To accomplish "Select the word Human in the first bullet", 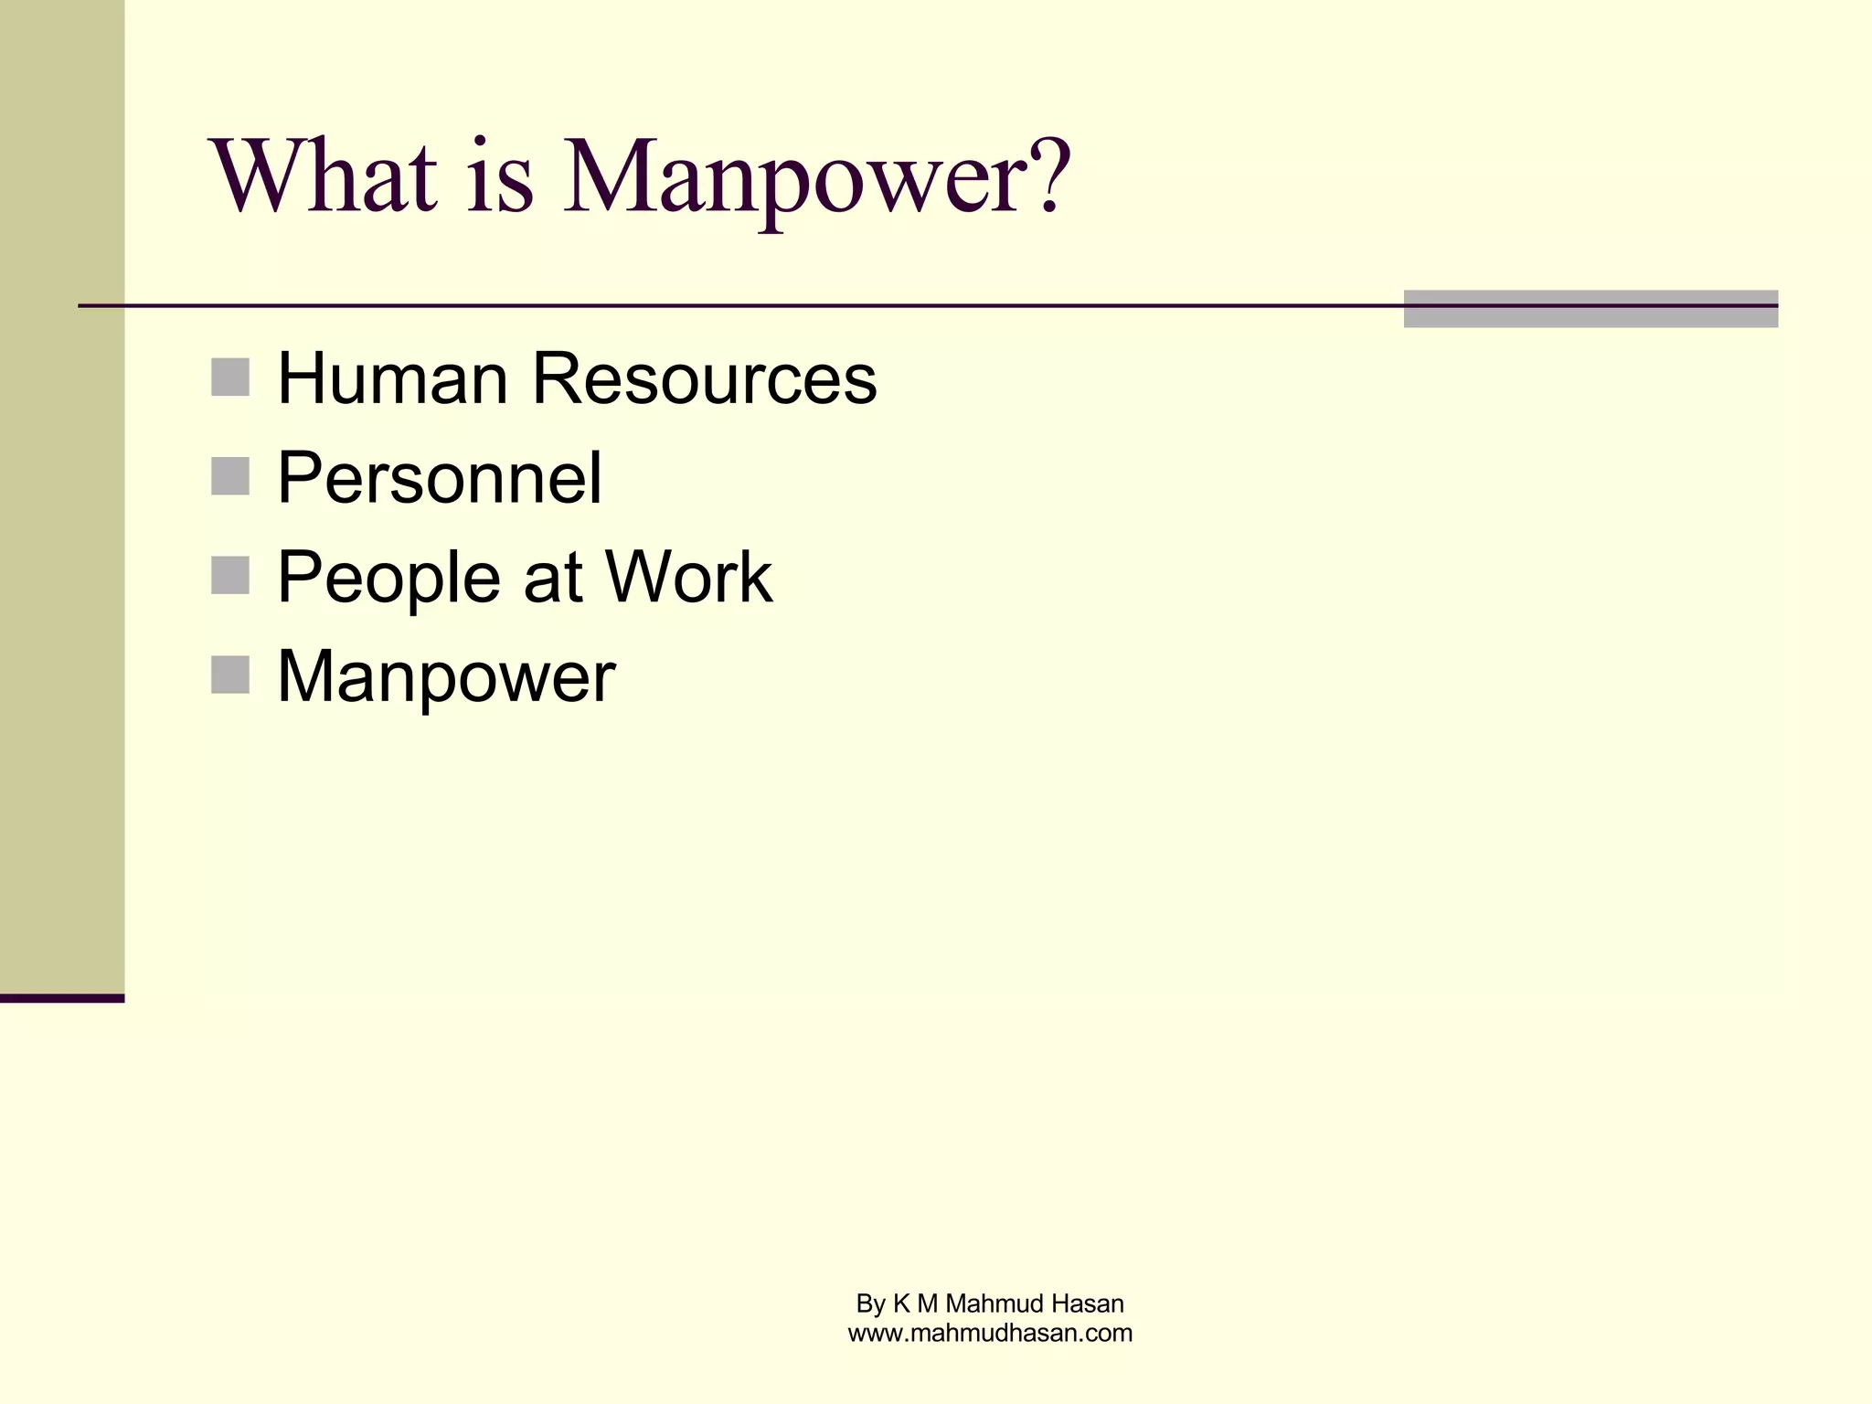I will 392,378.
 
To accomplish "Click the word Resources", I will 704,378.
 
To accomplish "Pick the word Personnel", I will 440,478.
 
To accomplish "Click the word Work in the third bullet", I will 688,578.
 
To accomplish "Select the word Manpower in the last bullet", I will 446,678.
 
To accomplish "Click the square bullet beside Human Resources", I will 230,378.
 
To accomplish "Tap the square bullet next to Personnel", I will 230,476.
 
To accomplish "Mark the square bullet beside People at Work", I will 230,576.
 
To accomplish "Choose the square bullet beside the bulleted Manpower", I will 230,675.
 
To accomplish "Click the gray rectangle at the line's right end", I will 1590,309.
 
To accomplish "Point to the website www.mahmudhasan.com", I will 990,1334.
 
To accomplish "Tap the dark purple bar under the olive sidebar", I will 62,998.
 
